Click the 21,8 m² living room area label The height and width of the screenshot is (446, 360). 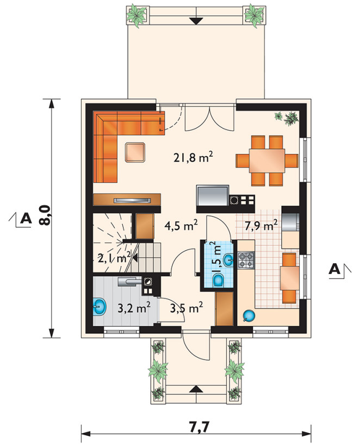[194, 157]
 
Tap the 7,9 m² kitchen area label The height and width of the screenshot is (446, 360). [261, 226]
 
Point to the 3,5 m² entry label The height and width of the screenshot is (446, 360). [187, 308]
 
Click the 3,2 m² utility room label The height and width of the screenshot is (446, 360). [134, 308]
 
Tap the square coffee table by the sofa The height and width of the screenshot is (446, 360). [135, 152]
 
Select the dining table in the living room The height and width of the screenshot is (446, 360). [267, 160]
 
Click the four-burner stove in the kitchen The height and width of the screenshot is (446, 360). [246, 261]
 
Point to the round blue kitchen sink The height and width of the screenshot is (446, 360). [250, 315]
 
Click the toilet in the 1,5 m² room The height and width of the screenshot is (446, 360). [219, 280]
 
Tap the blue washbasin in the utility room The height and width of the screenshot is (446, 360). [99, 307]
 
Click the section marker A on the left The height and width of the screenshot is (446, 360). [26, 219]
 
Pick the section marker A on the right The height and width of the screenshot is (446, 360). [334, 269]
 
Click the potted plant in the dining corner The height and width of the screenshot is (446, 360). [287, 118]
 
